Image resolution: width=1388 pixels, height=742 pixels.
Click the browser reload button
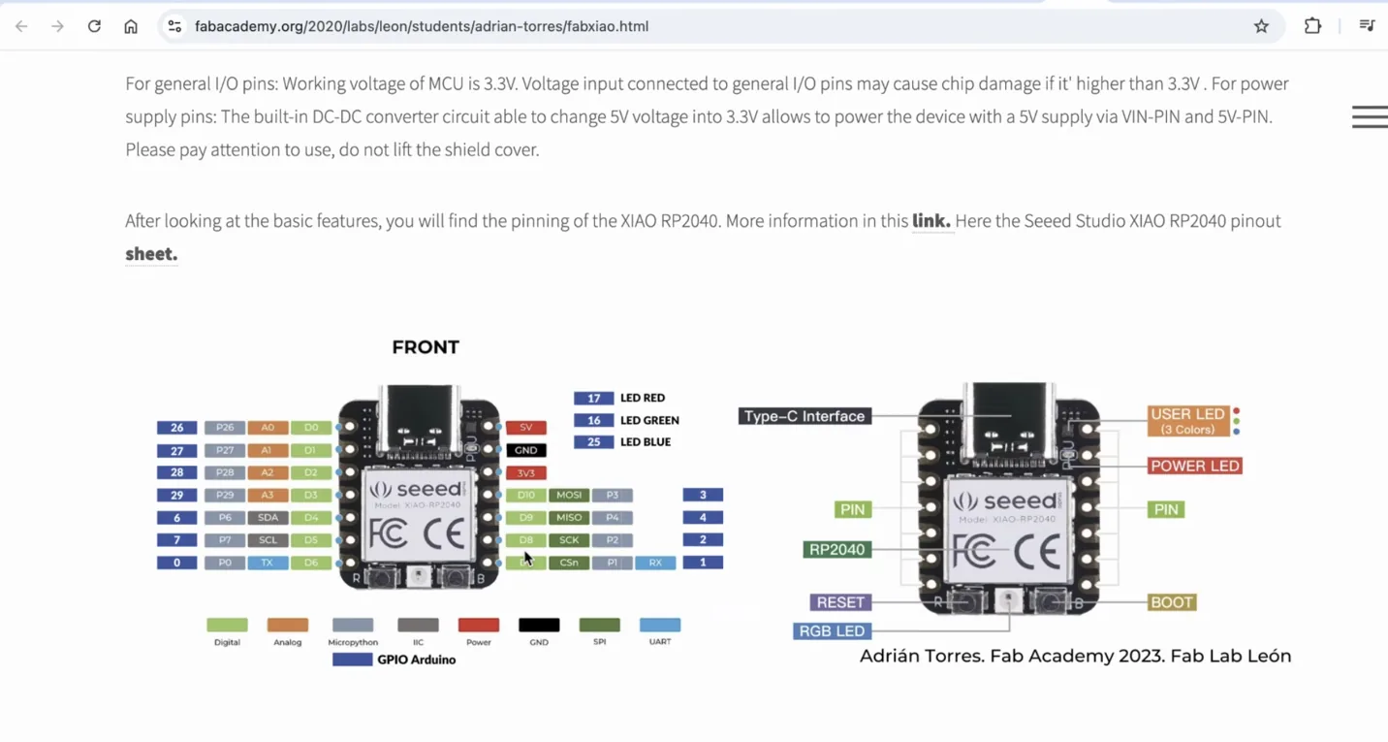(94, 26)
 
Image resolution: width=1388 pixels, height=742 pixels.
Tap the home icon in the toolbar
(131, 26)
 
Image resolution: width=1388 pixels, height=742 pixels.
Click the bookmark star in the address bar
(1261, 26)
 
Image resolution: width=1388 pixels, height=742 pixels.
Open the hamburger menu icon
(1369, 116)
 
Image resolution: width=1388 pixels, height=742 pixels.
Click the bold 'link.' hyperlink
(931, 221)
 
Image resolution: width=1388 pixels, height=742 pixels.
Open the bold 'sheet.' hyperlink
(151, 254)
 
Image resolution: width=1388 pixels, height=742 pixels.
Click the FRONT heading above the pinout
(426, 347)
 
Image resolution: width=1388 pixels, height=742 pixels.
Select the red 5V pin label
(526, 428)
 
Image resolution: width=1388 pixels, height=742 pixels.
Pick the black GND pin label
(526, 450)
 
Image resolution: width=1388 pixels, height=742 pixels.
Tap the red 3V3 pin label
(526, 473)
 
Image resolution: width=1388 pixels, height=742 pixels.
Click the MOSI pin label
(569, 496)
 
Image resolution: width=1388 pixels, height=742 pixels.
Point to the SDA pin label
(268, 518)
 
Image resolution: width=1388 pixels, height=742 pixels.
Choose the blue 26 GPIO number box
(177, 428)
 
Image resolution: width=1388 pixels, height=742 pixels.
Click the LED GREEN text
(649, 420)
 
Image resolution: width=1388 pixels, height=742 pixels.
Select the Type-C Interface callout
(804, 416)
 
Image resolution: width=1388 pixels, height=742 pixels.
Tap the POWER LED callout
(1194, 467)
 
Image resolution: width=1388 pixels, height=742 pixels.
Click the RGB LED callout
(831, 631)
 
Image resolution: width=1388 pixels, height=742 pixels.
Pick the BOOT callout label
(1171, 602)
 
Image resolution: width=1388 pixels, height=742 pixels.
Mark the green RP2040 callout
(836, 550)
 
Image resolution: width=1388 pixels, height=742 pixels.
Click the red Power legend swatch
(479, 626)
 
